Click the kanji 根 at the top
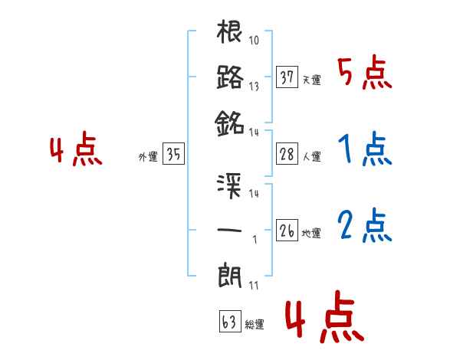[x=230, y=34]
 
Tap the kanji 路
[x=230, y=77]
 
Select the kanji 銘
[x=230, y=121]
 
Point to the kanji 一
[x=230, y=230]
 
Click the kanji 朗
[x=230, y=274]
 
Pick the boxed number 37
[x=287, y=78]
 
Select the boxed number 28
[x=287, y=155]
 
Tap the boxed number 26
[x=287, y=231]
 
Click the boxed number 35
[x=173, y=155]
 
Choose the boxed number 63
[x=229, y=322]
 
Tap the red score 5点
[x=364, y=73]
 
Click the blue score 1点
[x=364, y=150]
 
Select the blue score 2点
[x=364, y=226]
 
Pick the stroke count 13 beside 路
[x=254, y=87]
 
